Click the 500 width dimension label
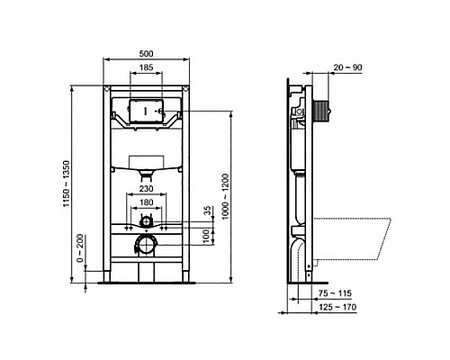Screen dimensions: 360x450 tap(148, 52)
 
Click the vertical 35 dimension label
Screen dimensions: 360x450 tap(209, 212)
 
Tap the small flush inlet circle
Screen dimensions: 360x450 tap(147, 220)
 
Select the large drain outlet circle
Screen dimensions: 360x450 tap(145, 244)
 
